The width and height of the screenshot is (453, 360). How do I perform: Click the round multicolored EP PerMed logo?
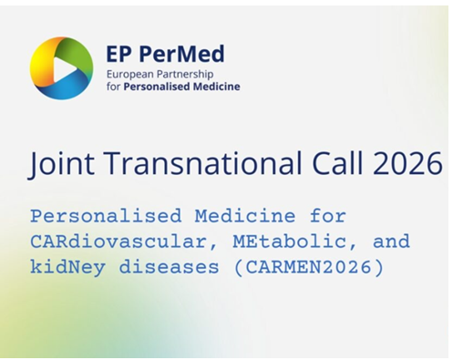61,68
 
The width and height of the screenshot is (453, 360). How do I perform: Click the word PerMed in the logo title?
182,55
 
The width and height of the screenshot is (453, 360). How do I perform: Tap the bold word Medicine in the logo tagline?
217,87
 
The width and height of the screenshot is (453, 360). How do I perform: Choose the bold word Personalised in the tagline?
157,87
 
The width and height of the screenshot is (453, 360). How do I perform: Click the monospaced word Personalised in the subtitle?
106,216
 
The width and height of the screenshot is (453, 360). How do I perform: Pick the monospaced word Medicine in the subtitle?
245,216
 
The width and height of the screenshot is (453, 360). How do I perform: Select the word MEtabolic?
289,242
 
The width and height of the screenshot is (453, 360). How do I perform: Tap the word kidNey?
67,268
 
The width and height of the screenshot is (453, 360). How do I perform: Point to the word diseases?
169,268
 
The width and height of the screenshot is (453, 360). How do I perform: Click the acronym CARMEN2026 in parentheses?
308,268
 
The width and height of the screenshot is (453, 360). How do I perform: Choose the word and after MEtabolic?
391,242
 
